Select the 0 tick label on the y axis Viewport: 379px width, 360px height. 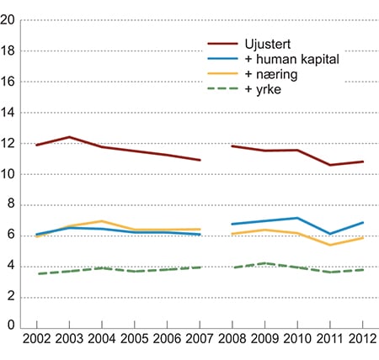(x=13, y=327)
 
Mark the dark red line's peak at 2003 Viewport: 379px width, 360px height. (x=70, y=137)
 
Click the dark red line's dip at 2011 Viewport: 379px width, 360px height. (x=329, y=165)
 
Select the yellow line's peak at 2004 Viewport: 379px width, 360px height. (x=102, y=221)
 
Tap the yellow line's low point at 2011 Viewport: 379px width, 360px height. (x=329, y=245)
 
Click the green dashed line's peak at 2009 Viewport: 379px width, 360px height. (x=264, y=263)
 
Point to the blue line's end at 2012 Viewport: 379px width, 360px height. (x=361, y=223)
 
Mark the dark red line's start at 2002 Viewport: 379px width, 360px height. (x=37, y=145)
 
